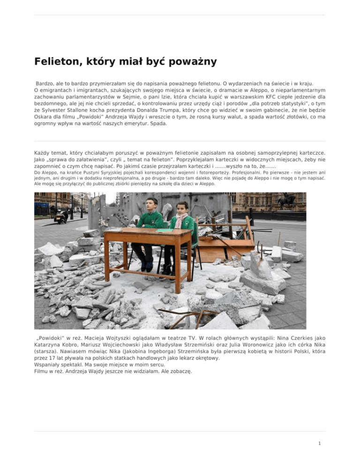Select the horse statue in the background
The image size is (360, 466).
285,202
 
